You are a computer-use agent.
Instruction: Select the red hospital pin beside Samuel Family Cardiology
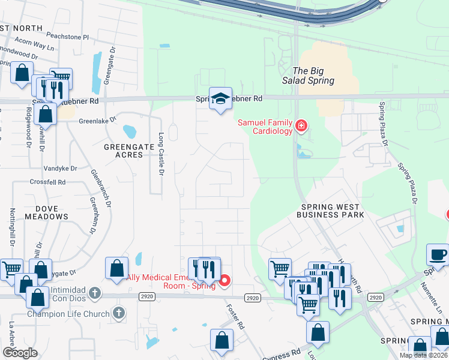click(x=301, y=126)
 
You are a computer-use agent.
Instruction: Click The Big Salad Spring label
click(x=313, y=76)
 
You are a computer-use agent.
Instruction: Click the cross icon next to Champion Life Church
click(x=119, y=313)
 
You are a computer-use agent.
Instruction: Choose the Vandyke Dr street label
click(x=61, y=169)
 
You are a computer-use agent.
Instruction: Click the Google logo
click(x=20, y=353)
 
